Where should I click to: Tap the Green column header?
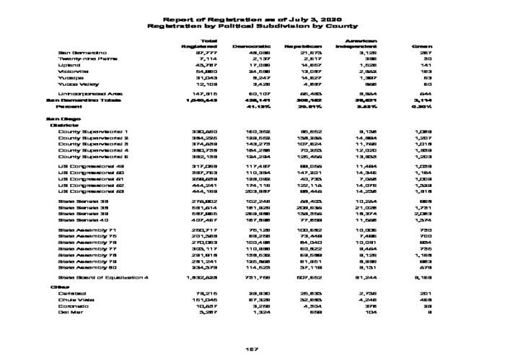pos(421,46)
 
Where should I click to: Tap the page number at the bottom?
pos(252,349)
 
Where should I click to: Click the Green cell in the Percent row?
pos(423,106)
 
